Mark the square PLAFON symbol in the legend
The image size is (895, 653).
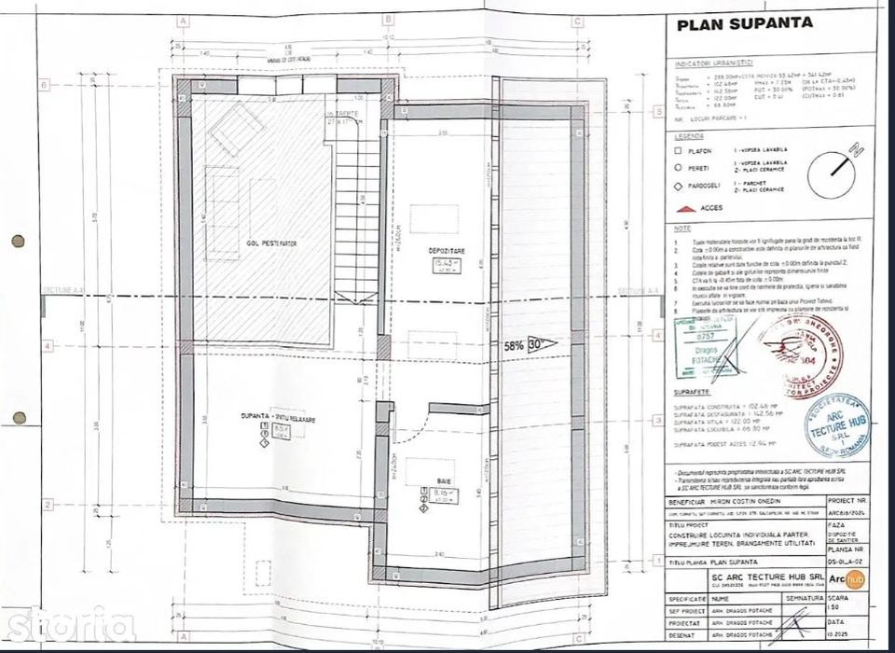tap(680, 151)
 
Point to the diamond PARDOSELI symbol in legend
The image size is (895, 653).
tap(680, 185)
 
